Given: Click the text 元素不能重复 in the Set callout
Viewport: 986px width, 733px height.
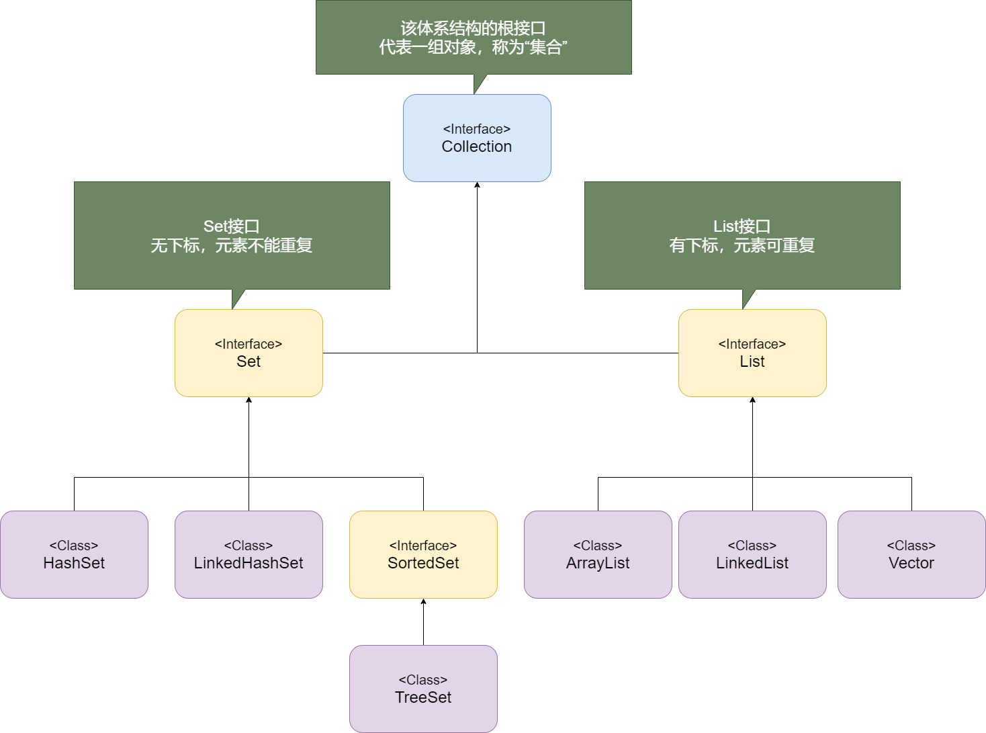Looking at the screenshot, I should [264, 246].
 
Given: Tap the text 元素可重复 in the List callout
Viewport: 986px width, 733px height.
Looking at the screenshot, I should [774, 246].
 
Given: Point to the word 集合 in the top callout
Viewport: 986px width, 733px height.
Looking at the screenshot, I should [546, 48].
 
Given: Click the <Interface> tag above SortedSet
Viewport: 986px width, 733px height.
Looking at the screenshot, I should [423, 546].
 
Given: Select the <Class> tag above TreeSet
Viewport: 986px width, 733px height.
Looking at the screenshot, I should [423, 680].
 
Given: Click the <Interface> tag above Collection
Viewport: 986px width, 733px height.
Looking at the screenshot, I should [477, 129].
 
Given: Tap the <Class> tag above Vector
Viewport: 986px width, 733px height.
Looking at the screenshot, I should [911, 546].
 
